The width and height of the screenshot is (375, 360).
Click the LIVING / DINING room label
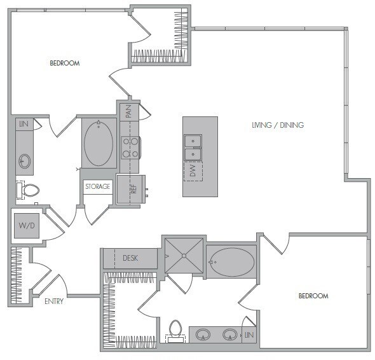coord(277,125)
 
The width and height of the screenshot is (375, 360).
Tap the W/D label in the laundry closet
coord(26,225)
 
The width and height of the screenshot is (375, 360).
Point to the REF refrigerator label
coord(133,189)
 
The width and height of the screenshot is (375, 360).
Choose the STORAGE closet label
coord(99,186)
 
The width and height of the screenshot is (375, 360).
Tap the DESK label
coord(131,258)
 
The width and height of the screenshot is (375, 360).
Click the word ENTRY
coord(54,301)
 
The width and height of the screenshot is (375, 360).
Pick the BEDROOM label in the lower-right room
coord(313,296)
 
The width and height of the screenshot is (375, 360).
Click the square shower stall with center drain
coord(184,255)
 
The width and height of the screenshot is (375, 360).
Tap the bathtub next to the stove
coord(98,144)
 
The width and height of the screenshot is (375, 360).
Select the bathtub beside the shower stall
coord(231,261)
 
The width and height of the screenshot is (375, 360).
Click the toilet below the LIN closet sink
coord(28,190)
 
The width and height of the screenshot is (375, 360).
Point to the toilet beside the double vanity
coord(175,330)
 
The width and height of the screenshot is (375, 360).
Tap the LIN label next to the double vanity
coord(249,335)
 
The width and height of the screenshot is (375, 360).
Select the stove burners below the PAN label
coord(131,148)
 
